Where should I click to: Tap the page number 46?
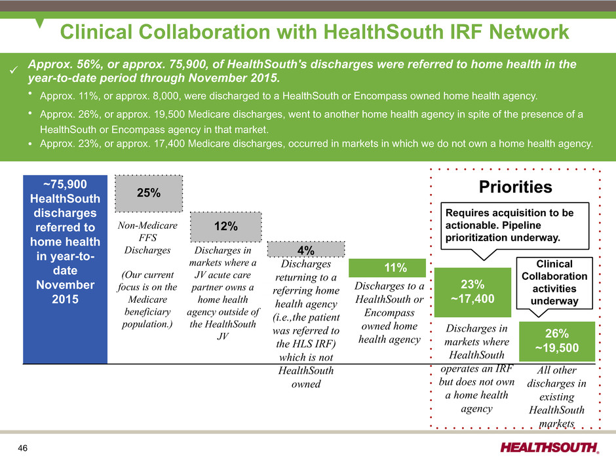click(23, 448)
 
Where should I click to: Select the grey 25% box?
click(149, 193)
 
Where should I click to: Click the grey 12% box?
click(226, 227)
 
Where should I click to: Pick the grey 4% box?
click(305, 250)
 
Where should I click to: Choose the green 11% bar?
click(387, 268)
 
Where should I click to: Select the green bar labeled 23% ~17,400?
click(472, 292)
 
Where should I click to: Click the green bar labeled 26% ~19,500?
click(557, 341)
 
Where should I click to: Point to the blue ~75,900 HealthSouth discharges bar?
click(66, 269)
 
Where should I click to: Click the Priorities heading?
click(516, 187)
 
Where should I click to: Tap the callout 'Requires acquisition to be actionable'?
click(515, 226)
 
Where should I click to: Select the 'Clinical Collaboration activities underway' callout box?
click(554, 283)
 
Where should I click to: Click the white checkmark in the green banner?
click(14, 70)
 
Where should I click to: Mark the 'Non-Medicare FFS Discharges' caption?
click(147, 238)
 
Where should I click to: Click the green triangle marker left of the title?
click(39, 23)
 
